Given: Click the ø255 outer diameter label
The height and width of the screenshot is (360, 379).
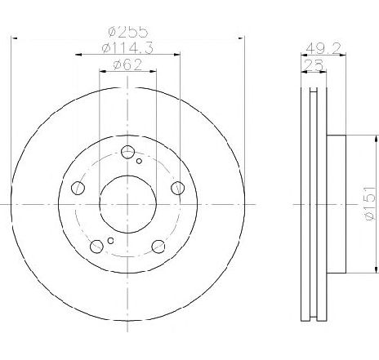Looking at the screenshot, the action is [x=128, y=32].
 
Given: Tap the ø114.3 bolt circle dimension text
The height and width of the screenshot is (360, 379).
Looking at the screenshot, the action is [x=127, y=48].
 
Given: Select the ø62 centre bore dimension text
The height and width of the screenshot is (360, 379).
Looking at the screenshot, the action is [x=127, y=65].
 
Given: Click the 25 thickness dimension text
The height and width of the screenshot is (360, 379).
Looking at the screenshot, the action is [x=314, y=65].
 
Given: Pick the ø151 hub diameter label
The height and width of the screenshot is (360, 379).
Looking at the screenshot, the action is [x=370, y=203].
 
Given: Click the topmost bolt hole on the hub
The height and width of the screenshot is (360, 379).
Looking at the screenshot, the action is [x=127, y=152].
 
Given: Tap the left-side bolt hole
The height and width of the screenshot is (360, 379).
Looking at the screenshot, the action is [x=78, y=188].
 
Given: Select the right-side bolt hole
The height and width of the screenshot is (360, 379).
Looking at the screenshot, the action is [x=178, y=188].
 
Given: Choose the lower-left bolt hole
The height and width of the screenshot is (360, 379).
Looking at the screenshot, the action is [x=96, y=247].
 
